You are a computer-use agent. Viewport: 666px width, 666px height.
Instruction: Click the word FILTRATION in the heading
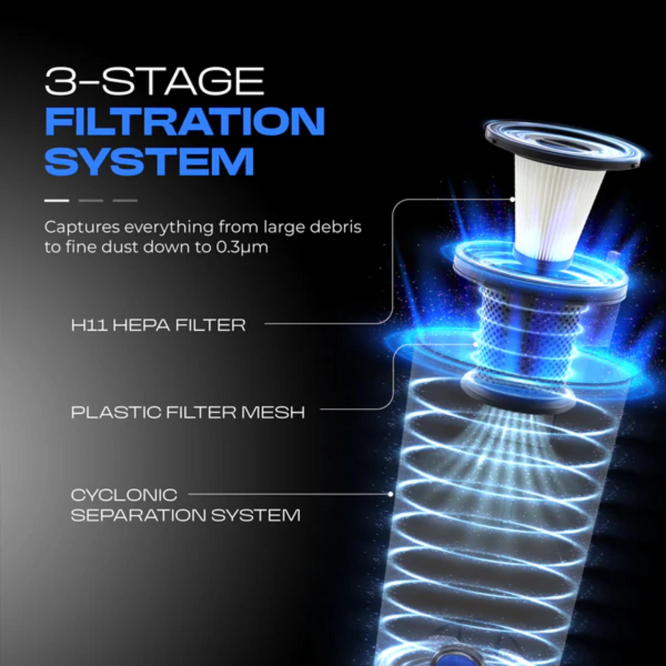pos(185,121)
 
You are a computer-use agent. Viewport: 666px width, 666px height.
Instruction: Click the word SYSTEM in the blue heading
pos(149,162)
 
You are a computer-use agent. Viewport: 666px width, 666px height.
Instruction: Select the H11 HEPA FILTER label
pos(158,325)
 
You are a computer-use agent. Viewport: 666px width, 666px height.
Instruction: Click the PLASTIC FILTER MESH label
pos(188,412)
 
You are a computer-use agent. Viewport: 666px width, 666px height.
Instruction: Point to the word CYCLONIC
pos(124,495)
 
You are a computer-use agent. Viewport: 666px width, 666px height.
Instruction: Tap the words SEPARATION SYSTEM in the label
pos(185,515)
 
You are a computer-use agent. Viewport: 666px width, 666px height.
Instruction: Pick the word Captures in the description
pos(81,228)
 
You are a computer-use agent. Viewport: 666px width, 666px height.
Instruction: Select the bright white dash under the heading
pos(57,200)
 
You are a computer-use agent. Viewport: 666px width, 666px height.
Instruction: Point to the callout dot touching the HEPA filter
pos(513,200)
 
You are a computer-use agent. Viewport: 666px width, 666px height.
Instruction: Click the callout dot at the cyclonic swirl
pos(391,494)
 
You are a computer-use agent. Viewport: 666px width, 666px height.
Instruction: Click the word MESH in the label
pos(273,412)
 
